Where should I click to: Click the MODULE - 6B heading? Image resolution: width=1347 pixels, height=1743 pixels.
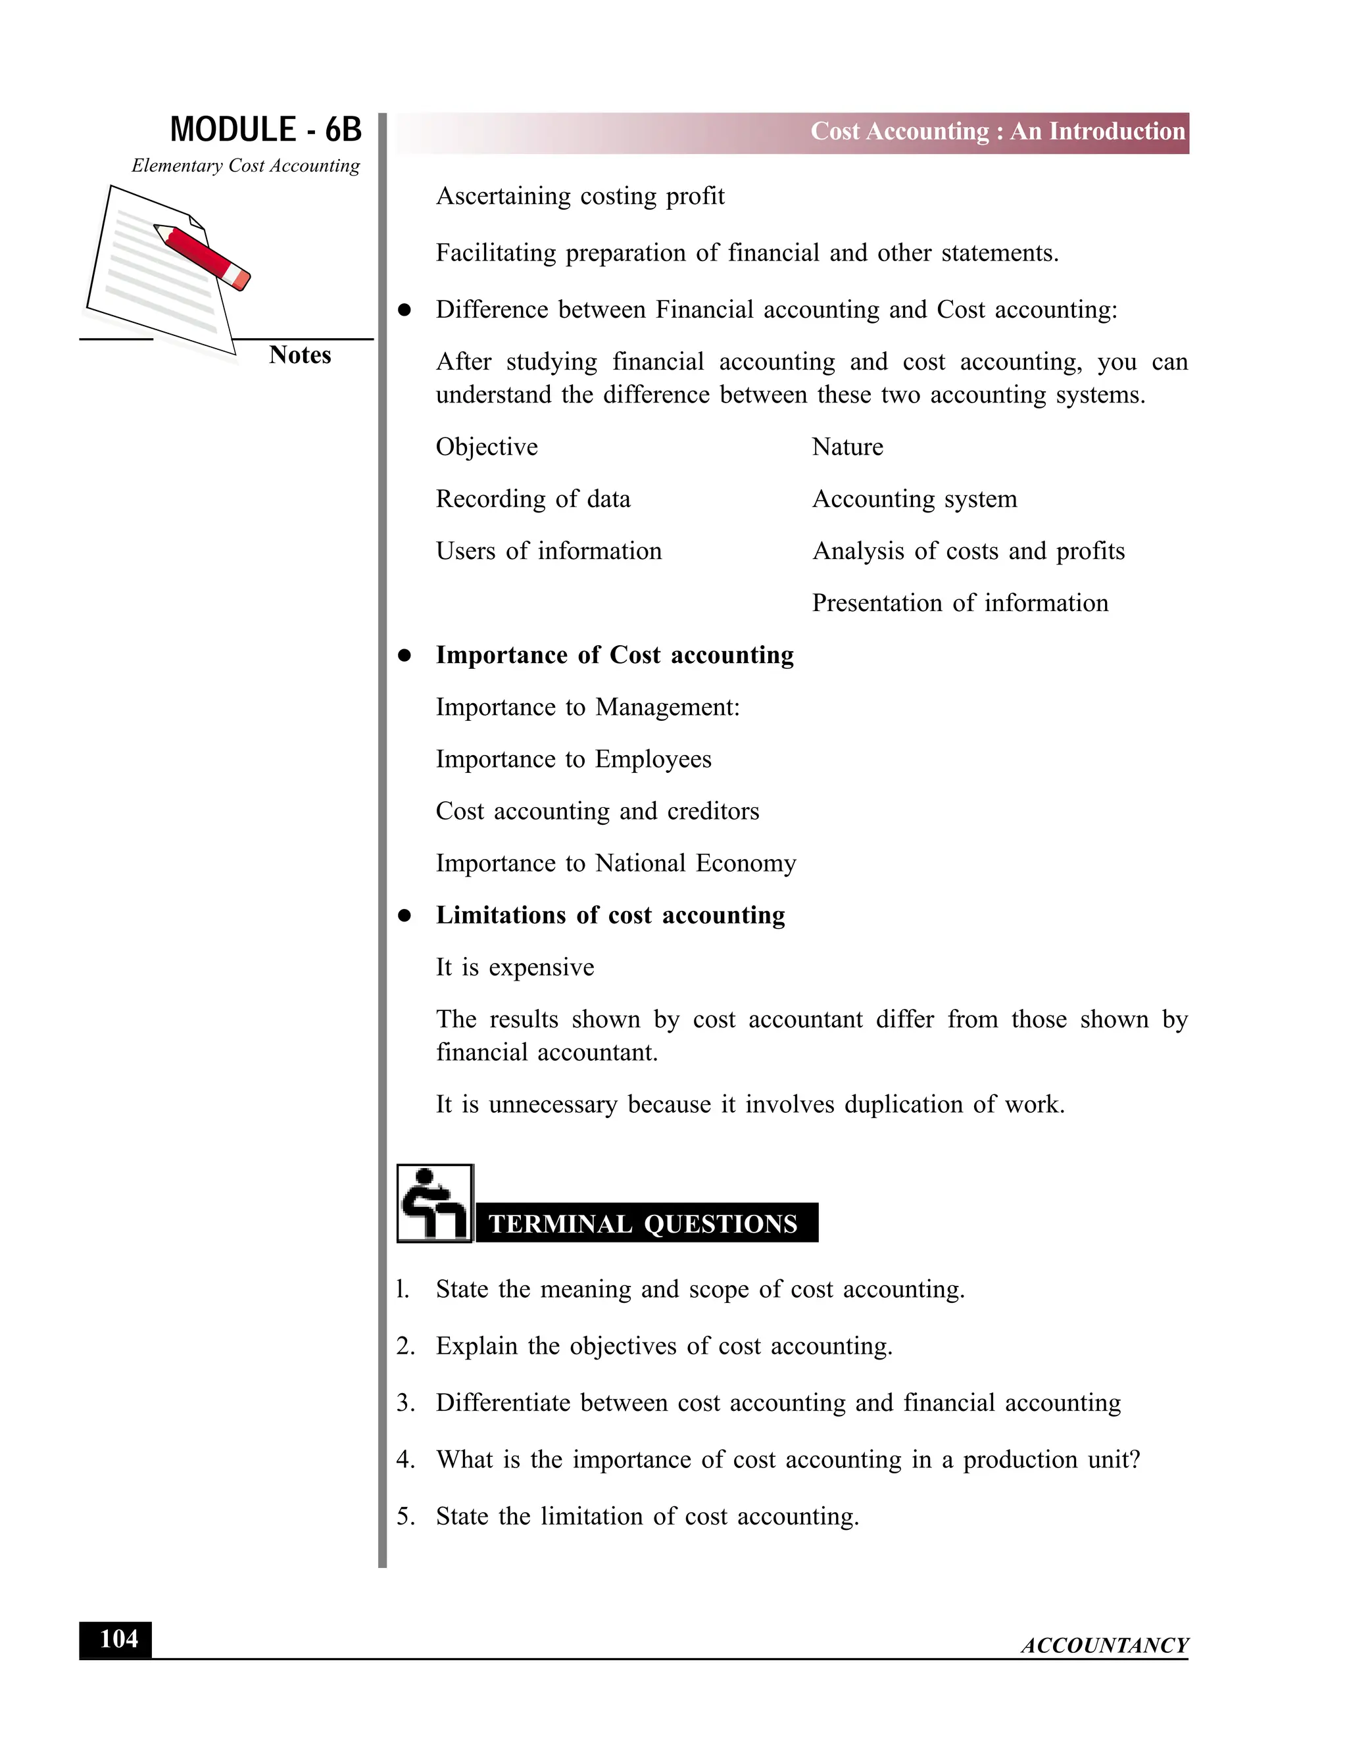265,130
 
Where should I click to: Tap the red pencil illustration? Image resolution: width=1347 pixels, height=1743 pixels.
203,255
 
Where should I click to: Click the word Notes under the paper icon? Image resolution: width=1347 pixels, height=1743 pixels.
299,355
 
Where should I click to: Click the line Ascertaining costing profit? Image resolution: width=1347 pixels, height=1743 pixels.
580,196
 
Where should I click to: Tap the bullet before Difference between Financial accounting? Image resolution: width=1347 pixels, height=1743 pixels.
404,310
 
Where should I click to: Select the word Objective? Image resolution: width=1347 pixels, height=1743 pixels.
487,447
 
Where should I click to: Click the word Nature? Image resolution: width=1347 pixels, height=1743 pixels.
847,447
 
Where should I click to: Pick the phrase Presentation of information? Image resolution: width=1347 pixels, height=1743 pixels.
960,603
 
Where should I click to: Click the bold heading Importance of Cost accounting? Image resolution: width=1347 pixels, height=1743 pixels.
614,655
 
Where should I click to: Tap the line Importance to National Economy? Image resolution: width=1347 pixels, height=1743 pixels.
616,864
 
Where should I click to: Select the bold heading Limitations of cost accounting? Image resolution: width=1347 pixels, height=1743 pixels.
610,916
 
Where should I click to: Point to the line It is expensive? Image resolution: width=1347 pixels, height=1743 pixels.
515,968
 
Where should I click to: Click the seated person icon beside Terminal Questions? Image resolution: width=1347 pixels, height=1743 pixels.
435,1204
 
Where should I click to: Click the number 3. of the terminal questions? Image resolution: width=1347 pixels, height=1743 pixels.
405,1403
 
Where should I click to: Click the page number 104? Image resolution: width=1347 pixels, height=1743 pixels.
118,1639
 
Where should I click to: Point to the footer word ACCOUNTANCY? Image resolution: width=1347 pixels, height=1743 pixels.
1104,1646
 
